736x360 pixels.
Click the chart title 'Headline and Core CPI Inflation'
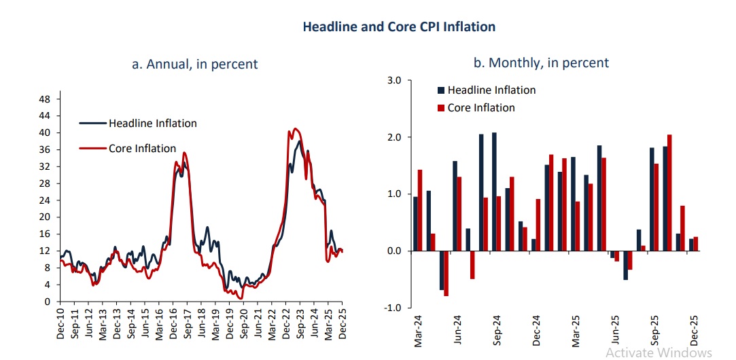399,27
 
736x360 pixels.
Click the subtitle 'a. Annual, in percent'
195,65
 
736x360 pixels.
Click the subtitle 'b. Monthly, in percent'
541,63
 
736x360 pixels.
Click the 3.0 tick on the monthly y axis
394,80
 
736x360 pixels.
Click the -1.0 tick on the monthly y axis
393,308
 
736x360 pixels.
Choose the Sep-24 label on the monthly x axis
497,329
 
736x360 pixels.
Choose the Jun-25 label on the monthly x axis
616,329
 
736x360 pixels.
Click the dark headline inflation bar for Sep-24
494,192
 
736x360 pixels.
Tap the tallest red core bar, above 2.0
669,193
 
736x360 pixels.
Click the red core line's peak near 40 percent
294,128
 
